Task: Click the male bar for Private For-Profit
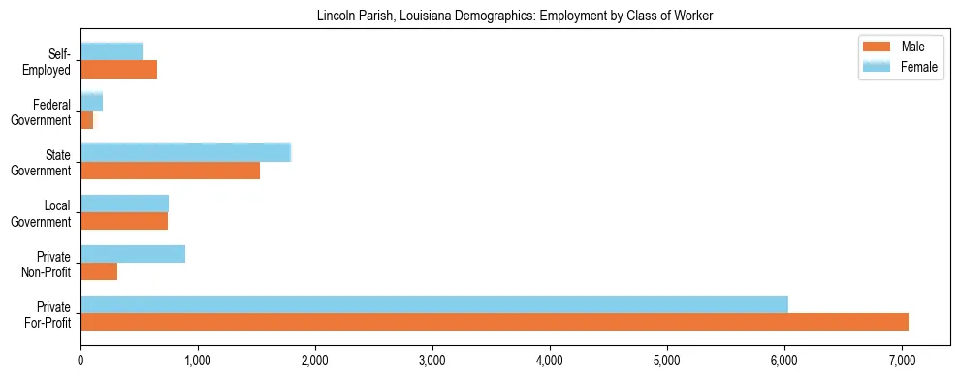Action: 495,322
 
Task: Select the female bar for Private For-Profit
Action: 434,304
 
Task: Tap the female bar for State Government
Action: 185,153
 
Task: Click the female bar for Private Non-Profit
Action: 133,254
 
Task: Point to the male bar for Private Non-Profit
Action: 99,271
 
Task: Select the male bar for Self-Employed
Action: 118,70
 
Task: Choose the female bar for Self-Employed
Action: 112,51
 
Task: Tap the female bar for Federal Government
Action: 91,102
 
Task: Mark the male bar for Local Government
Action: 124,221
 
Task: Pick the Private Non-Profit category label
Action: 47,264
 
